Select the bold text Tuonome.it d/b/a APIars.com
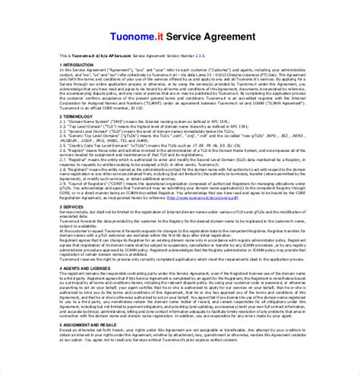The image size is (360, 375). pos(93,56)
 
